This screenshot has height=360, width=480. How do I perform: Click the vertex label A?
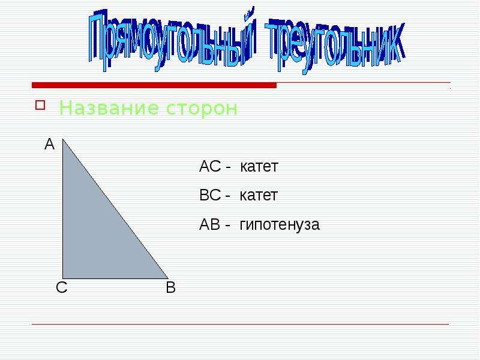click(49, 145)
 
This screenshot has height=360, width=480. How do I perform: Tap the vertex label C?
click(61, 288)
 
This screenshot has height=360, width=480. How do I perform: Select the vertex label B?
click(170, 288)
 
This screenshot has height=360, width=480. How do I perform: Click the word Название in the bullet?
click(99, 109)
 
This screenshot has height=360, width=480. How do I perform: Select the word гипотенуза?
click(280, 225)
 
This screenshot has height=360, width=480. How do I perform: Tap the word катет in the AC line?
click(259, 167)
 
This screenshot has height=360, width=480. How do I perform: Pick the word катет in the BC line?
click(259, 196)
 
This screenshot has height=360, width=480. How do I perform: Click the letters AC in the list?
click(210, 167)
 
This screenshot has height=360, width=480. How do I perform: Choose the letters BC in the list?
click(210, 196)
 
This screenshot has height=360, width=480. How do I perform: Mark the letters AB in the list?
click(210, 225)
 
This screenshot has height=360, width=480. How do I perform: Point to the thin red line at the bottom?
click(240, 325)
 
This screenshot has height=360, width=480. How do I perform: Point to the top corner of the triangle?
click(63, 139)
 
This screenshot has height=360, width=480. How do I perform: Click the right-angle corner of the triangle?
click(64, 278)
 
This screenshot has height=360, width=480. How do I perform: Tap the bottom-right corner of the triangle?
click(167, 278)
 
